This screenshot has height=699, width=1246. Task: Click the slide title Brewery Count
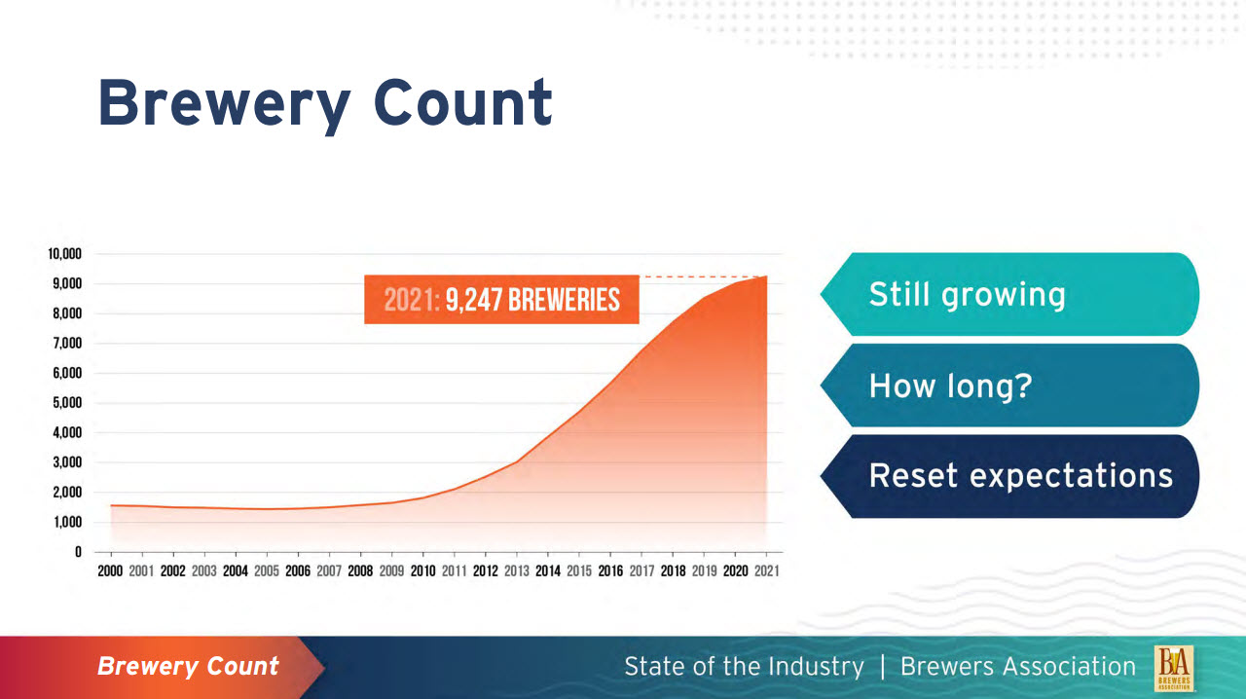coord(325,103)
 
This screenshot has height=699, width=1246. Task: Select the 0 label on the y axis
coord(78,552)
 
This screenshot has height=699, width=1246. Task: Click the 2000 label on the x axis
coord(110,571)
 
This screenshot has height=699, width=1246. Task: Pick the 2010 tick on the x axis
coord(422,571)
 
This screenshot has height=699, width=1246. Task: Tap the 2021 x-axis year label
coord(766,571)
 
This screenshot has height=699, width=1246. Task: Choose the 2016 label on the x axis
coord(610,571)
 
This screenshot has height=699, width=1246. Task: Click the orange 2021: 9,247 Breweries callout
coord(501,300)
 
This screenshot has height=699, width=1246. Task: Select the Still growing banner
coord(1008,294)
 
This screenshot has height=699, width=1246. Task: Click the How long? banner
coord(1008,386)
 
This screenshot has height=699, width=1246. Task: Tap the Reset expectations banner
coord(1008,476)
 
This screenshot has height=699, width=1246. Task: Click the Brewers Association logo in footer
coord(1174,668)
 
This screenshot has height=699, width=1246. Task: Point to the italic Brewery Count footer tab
coord(188,667)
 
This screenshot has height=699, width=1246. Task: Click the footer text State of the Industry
coord(744,667)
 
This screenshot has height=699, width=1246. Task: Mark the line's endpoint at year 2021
coord(767,276)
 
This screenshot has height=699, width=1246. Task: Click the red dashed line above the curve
coord(701,277)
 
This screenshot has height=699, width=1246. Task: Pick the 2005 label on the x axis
coord(266,571)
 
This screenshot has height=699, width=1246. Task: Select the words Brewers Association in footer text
coord(1017,667)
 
